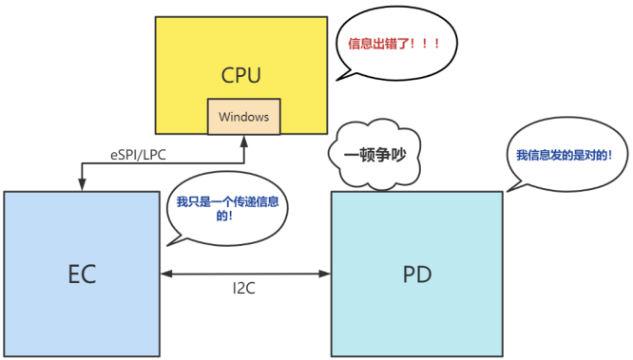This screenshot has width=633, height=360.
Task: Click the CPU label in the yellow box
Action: point(240,74)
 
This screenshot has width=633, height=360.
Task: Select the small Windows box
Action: point(243,117)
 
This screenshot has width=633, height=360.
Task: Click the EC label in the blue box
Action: point(82,274)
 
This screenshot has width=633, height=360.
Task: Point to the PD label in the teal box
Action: point(416,274)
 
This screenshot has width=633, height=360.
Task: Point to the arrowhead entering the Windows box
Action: point(243,140)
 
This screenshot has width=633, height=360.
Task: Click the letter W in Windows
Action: point(223,117)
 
